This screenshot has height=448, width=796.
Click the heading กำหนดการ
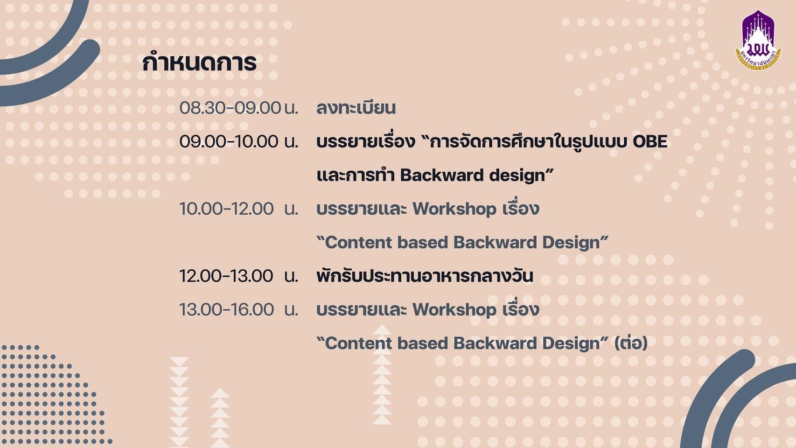pos(199,63)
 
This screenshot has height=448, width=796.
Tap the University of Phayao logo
pos(758,40)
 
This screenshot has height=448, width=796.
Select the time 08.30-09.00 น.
pos(238,108)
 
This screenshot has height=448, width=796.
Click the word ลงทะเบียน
pos(356,108)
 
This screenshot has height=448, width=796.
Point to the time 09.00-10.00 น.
pos(238,141)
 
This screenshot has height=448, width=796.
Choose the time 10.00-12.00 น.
pos(238,209)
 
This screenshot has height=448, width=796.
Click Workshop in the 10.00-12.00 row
pos(454,209)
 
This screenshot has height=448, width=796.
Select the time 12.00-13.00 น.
pos(238,276)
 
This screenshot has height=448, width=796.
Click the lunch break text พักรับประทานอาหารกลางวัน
pos(425,276)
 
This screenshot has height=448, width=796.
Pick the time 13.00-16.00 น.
pos(238,310)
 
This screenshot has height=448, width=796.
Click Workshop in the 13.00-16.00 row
pos(454,310)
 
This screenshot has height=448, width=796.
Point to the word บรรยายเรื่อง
pos(366,141)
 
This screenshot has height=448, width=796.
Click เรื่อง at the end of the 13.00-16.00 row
pos(521,309)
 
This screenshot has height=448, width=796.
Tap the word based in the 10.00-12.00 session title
pos(423,243)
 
